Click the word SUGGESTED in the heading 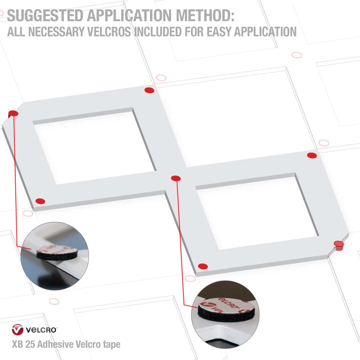click(x=45, y=15)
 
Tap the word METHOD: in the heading click(x=205, y=15)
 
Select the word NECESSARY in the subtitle click(x=56, y=32)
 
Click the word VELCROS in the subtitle click(x=109, y=32)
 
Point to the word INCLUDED click(x=158, y=32)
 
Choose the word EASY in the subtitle click(x=219, y=32)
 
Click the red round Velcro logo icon click(x=18, y=330)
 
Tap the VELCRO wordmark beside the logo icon click(x=41, y=330)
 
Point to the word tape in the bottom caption click(x=112, y=345)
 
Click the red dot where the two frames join click(x=176, y=178)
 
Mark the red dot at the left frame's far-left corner click(x=13, y=113)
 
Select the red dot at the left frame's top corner click(x=149, y=90)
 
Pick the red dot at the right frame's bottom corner click(x=203, y=266)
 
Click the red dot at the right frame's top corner click(x=312, y=156)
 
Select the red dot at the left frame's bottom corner click(x=40, y=201)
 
